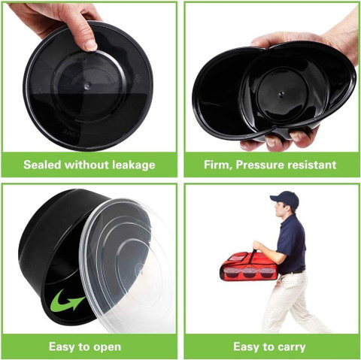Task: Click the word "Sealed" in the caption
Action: [x=42, y=165]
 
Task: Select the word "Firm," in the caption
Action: [x=218, y=165]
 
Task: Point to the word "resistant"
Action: [x=312, y=165]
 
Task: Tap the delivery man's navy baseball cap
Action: [x=286, y=198]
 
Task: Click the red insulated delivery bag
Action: [x=249, y=267]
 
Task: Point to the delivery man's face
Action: [x=279, y=209]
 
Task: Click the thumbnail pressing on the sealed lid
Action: [x=90, y=45]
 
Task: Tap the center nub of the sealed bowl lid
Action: [x=88, y=86]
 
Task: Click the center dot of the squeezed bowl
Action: [x=281, y=94]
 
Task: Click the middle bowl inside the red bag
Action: [x=249, y=272]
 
